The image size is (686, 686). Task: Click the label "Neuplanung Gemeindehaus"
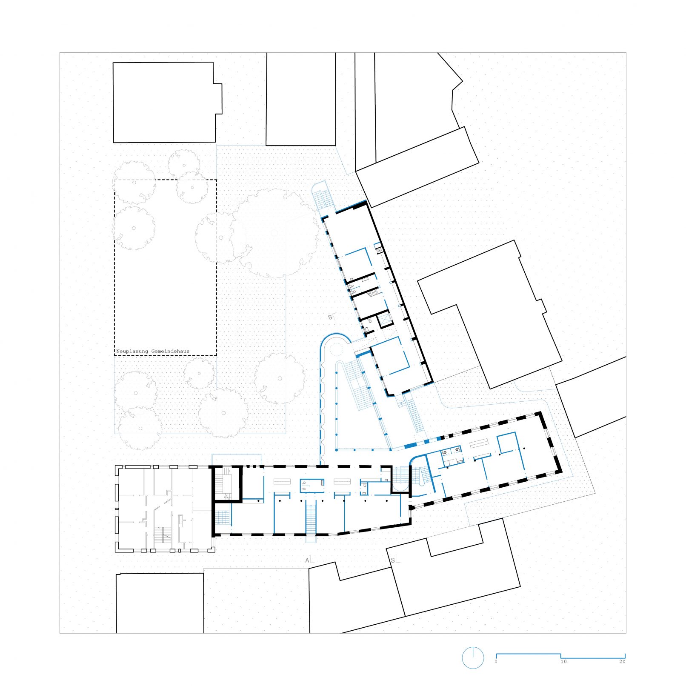(x=153, y=352)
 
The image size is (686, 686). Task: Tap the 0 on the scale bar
(x=496, y=662)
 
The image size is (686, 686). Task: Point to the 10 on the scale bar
(x=563, y=662)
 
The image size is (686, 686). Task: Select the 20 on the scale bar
(x=622, y=662)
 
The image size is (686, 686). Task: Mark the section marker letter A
(x=307, y=560)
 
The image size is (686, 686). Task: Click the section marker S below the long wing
(x=393, y=560)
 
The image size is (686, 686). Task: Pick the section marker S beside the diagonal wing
(x=330, y=317)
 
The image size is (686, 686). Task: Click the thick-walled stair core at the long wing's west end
(x=226, y=484)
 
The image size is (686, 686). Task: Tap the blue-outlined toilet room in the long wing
(x=312, y=486)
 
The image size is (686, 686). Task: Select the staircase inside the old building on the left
(x=163, y=535)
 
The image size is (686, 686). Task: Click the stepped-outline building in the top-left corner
(x=167, y=103)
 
